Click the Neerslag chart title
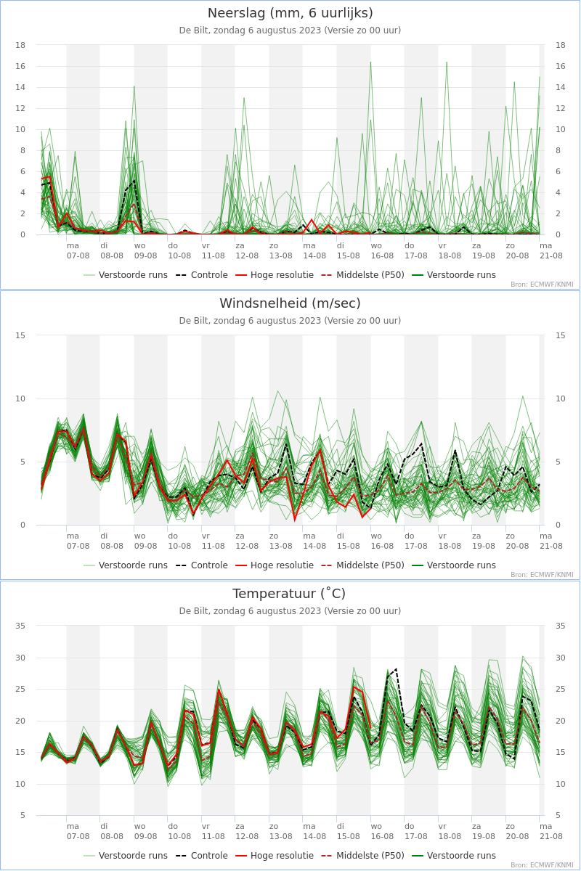click(290, 13)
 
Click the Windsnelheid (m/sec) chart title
click(290, 303)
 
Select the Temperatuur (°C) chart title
click(289, 594)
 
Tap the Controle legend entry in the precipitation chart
click(201, 275)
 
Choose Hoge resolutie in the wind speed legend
click(275, 565)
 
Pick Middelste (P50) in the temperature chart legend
click(362, 856)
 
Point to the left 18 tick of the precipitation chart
click(20, 45)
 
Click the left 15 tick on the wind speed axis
click(20, 335)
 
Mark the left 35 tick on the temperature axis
click(20, 626)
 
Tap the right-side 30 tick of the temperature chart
click(561, 658)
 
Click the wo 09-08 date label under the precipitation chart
click(145, 250)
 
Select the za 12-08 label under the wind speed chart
click(247, 541)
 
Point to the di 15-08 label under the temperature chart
click(348, 831)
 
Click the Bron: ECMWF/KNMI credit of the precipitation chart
click(542, 285)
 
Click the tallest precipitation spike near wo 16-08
click(370, 62)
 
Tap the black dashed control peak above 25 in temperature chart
click(396, 669)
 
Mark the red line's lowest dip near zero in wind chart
click(295, 520)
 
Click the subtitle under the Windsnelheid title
click(290, 321)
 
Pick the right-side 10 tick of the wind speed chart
click(561, 398)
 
